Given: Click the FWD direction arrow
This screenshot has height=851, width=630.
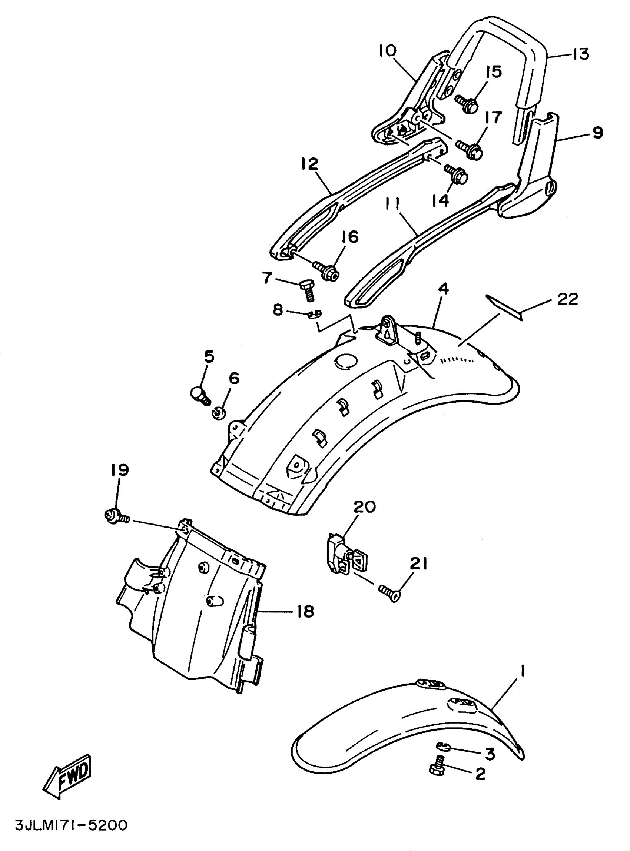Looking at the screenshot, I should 68,775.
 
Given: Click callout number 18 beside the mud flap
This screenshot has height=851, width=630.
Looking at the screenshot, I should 305,612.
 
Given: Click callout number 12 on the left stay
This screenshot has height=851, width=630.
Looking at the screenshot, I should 309,164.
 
